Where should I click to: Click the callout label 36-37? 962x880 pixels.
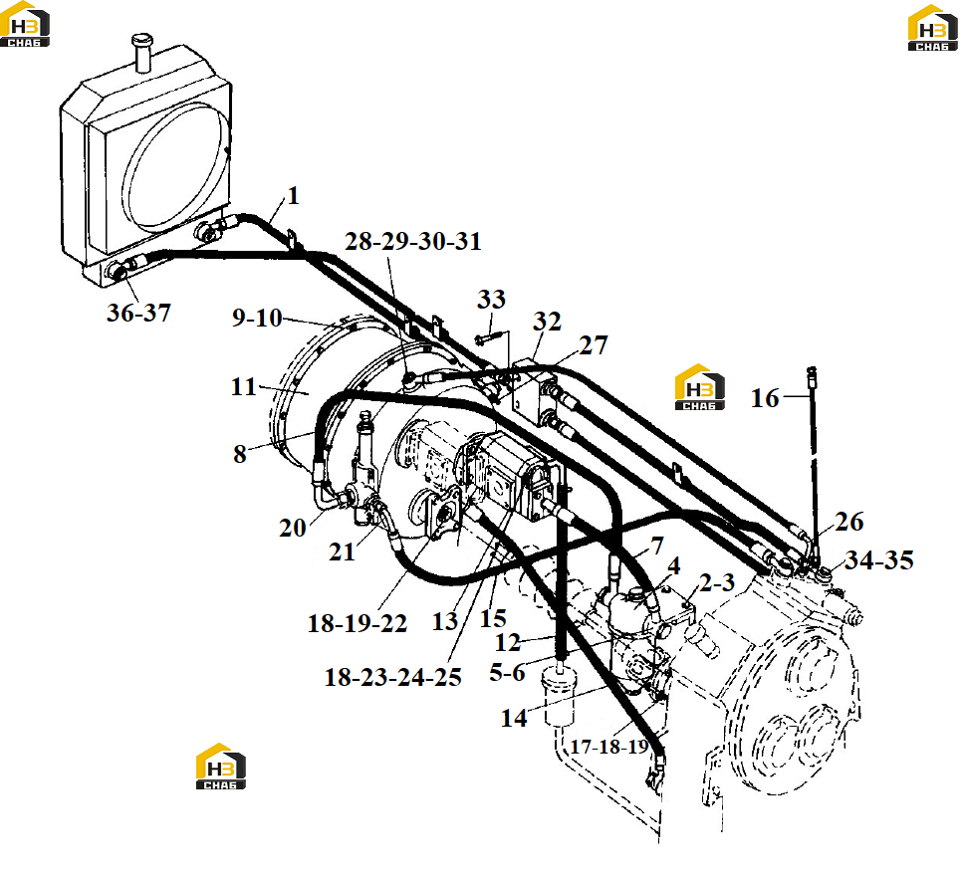coord(138,313)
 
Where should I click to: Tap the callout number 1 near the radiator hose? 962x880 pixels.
coord(293,196)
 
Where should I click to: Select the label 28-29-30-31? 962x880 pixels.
coord(413,241)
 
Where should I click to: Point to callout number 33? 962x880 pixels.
coord(491,300)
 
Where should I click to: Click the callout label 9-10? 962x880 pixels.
coord(257,318)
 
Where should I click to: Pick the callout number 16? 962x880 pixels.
coord(765,398)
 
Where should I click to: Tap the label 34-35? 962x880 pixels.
coord(879,559)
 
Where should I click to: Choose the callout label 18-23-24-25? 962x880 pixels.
coord(392,677)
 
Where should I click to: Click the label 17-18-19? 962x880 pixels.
coord(609,747)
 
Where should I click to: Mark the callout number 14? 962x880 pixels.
coord(514,718)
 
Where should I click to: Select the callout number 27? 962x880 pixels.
coord(594,345)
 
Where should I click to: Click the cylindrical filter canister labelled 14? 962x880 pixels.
coord(559,695)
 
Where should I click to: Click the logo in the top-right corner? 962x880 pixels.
coord(932,28)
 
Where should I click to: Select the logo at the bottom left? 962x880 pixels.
coord(221,767)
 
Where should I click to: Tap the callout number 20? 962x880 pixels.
coord(292,528)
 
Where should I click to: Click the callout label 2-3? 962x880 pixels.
coord(717,582)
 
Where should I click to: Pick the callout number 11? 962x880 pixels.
coord(244,387)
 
